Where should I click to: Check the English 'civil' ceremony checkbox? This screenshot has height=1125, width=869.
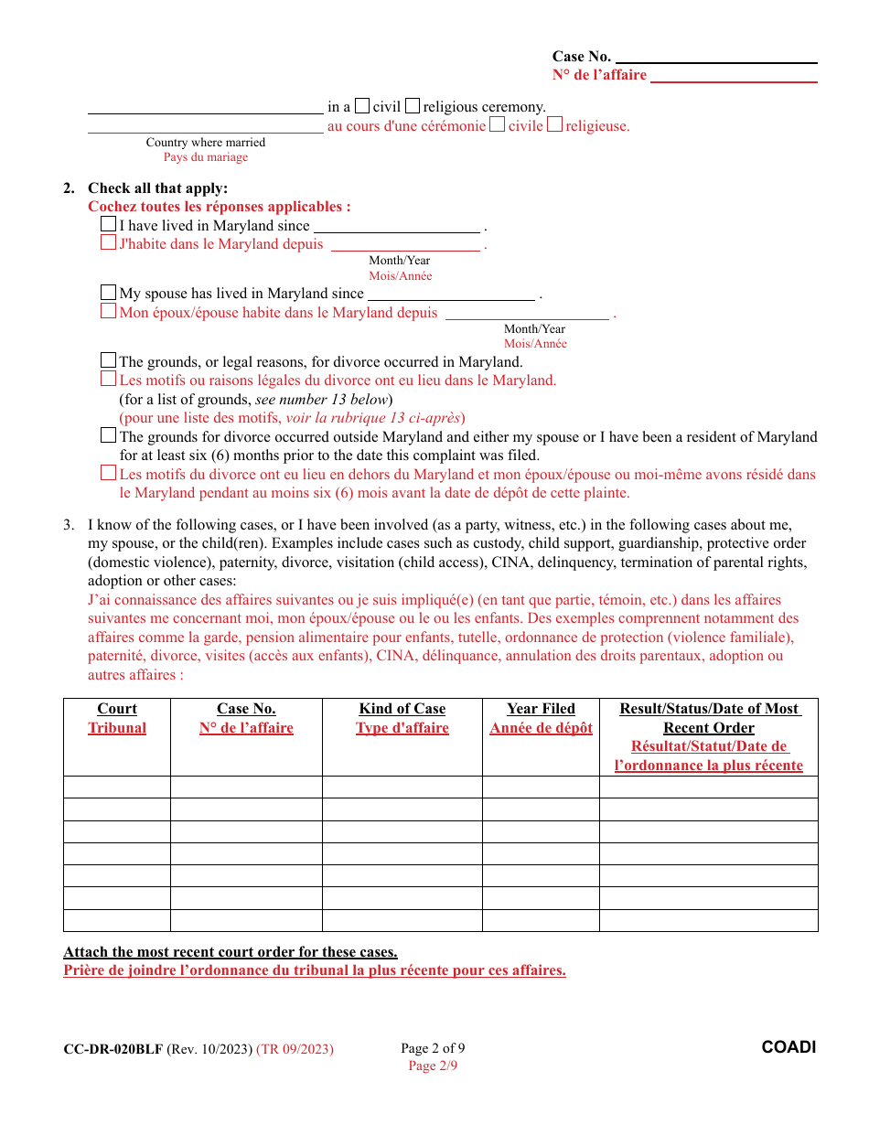point(362,106)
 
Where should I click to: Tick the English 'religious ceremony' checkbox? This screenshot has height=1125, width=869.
point(413,106)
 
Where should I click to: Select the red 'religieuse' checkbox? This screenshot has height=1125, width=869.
point(554,125)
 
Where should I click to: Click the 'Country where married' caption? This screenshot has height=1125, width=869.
point(206,142)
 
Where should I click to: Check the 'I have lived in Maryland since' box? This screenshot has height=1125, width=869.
point(109,225)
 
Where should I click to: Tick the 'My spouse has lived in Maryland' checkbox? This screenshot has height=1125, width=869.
point(109,293)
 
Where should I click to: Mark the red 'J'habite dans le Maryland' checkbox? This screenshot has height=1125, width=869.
point(109,244)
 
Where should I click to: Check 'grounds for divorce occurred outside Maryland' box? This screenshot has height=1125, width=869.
point(109,436)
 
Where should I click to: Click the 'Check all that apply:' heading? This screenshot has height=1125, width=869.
point(157,188)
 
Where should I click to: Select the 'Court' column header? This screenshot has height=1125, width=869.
point(117,709)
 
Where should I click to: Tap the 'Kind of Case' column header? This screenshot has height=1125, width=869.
point(402,709)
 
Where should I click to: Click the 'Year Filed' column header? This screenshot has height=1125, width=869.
point(541,709)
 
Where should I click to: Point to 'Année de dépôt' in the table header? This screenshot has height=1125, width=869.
point(541,728)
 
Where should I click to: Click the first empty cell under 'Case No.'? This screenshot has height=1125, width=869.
point(246,787)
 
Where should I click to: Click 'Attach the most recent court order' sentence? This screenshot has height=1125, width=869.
point(231,951)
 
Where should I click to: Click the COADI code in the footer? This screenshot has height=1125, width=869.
point(789,1047)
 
